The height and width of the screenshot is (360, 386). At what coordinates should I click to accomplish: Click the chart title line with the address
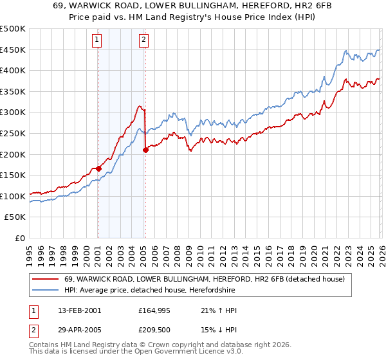pyautogui.click(x=192, y=6)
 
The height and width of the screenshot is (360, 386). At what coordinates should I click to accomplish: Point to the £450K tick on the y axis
pyautogui.click(x=13, y=50)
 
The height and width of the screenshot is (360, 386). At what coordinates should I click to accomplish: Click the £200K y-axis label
pyautogui.click(x=13, y=154)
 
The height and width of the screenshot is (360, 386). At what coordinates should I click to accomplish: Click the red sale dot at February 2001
pyautogui.click(x=98, y=169)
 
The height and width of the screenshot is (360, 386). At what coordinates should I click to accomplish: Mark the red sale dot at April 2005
pyautogui.click(x=146, y=150)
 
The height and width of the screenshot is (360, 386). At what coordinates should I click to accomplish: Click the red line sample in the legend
pyautogui.click(x=46, y=280)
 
